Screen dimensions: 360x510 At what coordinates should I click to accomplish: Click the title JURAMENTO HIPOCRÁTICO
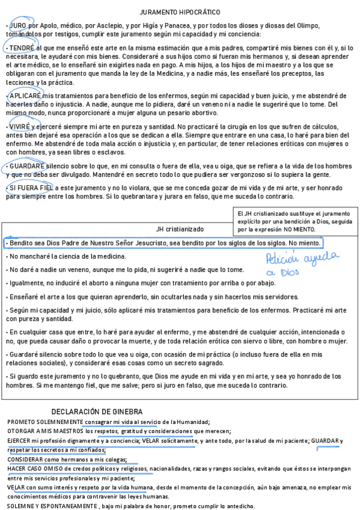(x=180, y=12)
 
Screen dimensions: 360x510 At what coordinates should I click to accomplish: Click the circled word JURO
(x=17, y=26)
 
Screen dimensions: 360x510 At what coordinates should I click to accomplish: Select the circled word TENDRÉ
(x=22, y=47)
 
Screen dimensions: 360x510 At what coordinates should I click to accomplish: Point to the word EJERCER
(x=19, y=441)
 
